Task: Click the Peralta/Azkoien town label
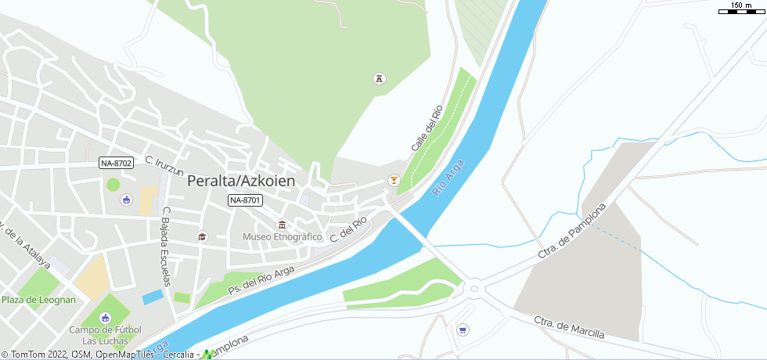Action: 241,181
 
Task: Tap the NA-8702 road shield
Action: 116,163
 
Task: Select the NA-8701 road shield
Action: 245,201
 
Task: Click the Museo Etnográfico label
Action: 283,236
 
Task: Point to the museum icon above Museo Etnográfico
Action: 283,225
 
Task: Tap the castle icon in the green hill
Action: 380,78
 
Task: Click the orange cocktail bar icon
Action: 394,180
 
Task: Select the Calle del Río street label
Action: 427,128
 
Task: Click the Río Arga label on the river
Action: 448,179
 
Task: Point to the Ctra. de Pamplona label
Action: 573,232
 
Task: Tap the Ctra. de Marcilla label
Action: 569,327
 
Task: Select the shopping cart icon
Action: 463,329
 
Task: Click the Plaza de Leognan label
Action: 38,300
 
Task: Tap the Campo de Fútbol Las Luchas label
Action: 105,334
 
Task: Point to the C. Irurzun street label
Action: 164,166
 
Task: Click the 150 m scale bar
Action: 740,10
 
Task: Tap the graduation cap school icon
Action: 202,237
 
